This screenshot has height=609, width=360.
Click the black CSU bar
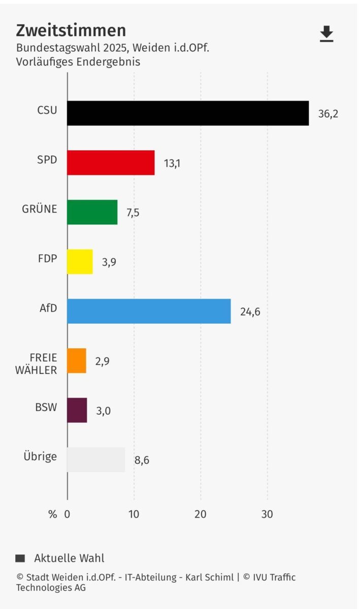point(188,113)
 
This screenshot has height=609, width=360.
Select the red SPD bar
point(111,163)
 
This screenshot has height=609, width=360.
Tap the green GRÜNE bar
point(92,212)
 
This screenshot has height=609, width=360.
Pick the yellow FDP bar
point(80,262)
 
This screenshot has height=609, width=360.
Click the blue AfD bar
point(149,311)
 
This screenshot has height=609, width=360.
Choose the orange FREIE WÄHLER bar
point(77,361)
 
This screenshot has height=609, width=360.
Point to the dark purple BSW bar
point(77,411)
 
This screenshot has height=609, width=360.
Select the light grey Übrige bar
point(96,460)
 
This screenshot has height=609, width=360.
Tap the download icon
point(326,33)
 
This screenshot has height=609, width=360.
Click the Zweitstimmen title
point(71,30)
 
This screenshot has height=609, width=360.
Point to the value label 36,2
point(328,114)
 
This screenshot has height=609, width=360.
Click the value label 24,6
point(250,312)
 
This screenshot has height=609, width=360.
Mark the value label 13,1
point(172,163)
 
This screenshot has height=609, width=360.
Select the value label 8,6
point(142,460)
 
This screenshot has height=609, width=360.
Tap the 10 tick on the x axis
point(134,514)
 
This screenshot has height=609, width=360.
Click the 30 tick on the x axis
point(267,514)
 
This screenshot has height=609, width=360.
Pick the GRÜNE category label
point(40,209)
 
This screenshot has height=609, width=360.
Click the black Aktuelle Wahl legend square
point(20,558)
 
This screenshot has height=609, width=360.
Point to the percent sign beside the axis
point(53,514)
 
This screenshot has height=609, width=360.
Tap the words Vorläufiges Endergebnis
point(78,62)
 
